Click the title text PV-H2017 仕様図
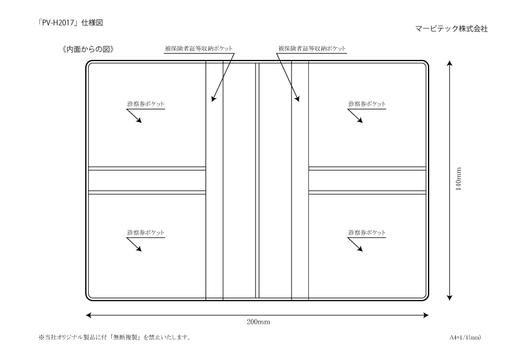point(71,23)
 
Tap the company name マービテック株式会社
point(452,28)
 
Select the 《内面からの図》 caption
point(88,49)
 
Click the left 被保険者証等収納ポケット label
point(199,48)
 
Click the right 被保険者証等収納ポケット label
point(312,48)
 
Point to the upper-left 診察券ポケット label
point(146,104)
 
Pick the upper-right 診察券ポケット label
point(367,104)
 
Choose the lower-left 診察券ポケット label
point(146,232)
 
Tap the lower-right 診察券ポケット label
point(367,232)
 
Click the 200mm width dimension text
point(258,322)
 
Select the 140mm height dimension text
point(458,179)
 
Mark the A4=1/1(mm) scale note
point(465,337)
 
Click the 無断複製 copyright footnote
point(115,337)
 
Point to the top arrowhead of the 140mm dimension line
point(450,62)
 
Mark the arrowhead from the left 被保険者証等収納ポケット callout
point(213,99)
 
